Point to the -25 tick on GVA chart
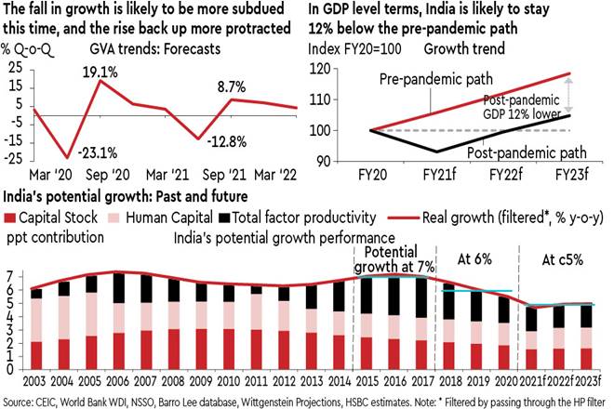tap(17, 160)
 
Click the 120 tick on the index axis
tap(347, 70)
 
